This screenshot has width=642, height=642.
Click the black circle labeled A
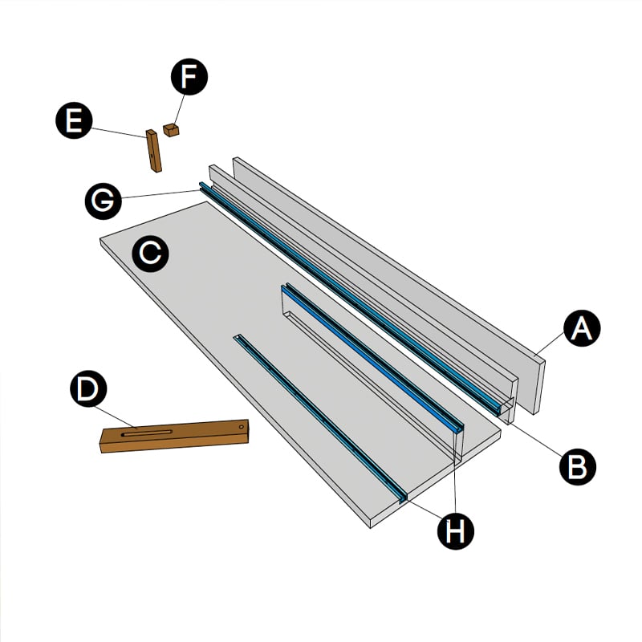[582, 328]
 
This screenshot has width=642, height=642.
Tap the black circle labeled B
[578, 467]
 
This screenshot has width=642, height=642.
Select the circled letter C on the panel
[150, 254]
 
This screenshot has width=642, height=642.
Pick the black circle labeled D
[88, 388]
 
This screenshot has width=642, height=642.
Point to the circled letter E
[74, 120]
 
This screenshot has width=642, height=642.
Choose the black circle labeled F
[189, 77]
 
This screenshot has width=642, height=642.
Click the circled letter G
[104, 201]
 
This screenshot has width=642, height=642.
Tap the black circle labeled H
[456, 531]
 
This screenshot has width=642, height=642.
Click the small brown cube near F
[171, 130]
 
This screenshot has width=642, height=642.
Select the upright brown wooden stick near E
[154, 151]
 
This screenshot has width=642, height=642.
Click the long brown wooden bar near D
[174, 436]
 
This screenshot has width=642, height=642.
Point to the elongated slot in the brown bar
[147, 433]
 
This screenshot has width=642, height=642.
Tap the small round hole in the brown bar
[242, 427]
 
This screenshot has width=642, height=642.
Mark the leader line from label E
[119, 132]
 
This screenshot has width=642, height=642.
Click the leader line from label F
[179, 109]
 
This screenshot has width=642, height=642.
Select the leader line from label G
[160, 194]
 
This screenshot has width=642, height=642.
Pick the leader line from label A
[550, 344]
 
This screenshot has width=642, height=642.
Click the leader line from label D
[116, 417]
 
